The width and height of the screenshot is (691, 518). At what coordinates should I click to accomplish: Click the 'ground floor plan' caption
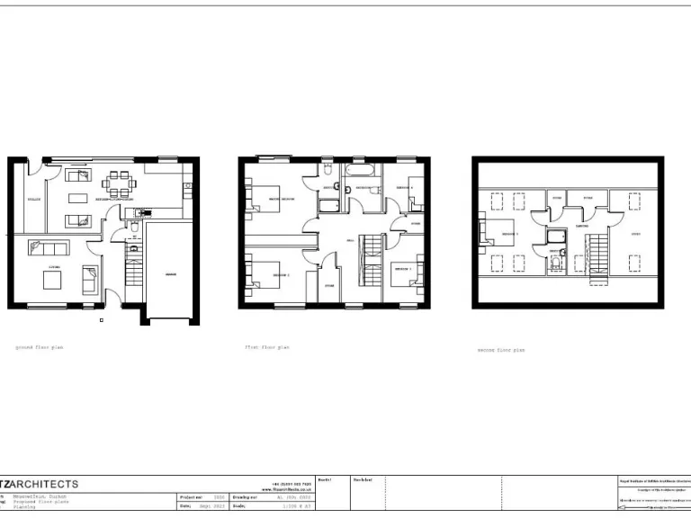(x=40, y=346)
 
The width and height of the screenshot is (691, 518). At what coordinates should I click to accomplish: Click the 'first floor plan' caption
(x=267, y=347)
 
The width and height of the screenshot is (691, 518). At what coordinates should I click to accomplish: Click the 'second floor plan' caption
(x=500, y=350)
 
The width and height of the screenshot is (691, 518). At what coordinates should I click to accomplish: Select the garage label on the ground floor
(x=170, y=272)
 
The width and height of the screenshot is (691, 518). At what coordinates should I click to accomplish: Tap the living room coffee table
(x=52, y=281)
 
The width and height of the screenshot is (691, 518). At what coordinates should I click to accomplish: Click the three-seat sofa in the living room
(x=47, y=247)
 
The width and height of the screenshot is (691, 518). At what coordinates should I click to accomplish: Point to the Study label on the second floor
(x=635, y=236)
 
